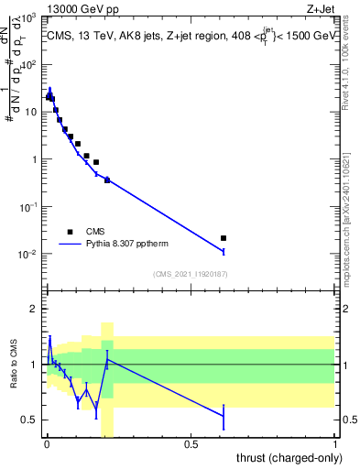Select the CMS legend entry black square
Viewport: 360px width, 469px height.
click(70, 232)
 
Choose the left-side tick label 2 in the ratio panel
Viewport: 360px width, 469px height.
click(36, 309)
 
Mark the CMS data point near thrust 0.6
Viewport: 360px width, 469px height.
click(224, 238)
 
